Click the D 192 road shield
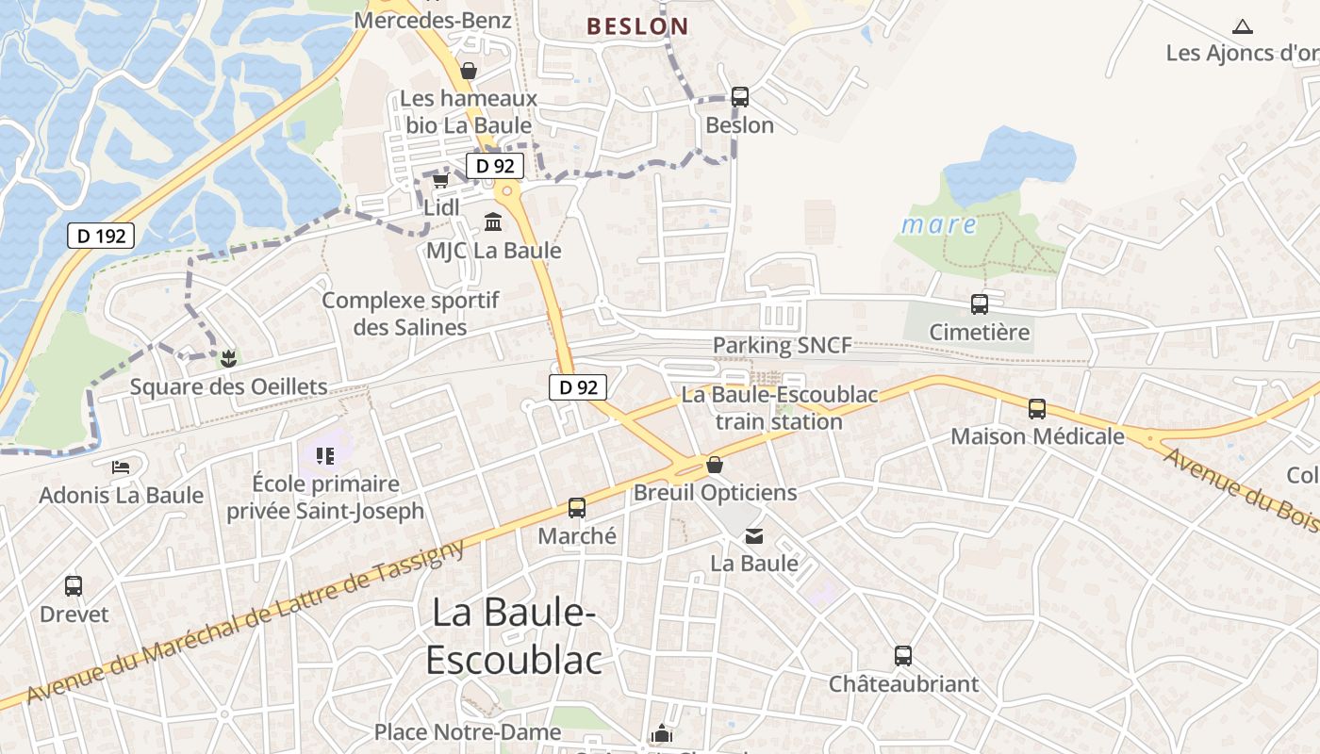[101, 236]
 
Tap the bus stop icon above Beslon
[740, 96]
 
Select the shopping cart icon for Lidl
[440, 180]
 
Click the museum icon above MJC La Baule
[493, 222]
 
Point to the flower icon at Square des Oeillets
[226, 358]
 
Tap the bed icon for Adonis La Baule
[121, 467]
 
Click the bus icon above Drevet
[74, 586]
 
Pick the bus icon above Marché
[577, 508]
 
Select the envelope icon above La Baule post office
[754, 536]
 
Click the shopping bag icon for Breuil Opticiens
[715, 465]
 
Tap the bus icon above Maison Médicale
[1037, 409]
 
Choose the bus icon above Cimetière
[980, 304]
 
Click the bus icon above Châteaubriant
[903, 656]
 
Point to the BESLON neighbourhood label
[637, 26]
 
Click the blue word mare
[939, 224]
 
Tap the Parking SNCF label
[782, 345]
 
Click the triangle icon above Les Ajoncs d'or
[1243, 27]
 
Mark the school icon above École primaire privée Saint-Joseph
[325, 457]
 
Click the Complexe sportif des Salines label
[410, 314]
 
